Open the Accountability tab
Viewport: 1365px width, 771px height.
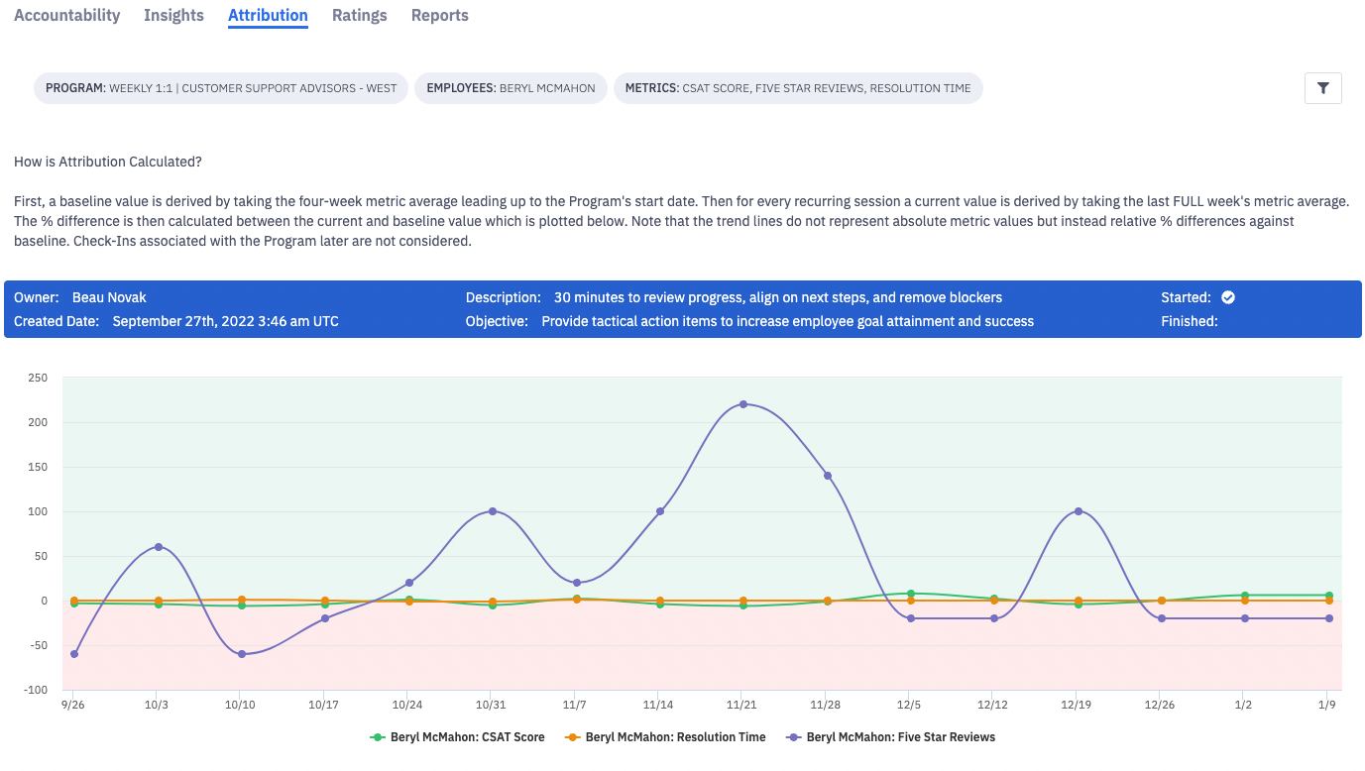click(x=67, y=16)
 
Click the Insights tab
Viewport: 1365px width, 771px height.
click(x=173, y=16)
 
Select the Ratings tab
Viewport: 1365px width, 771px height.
click(x=359, y=16)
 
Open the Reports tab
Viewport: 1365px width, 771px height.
click(x=439, y=16)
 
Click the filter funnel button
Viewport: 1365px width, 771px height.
click(x=1322, y=88)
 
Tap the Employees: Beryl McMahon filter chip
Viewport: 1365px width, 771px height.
click(x=511, y=88)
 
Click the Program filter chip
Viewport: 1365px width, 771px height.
click(x=221, y=88)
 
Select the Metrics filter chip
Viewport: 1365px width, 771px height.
click(x=798, y=88)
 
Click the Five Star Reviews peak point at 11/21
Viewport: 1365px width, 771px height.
click(x=743, y=404)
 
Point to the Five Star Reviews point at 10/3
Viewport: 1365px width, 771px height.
click(x=159, y=547)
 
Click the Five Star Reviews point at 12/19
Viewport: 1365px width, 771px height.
click(x=1079, y=511)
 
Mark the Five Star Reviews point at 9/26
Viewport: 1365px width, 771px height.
click(x=74, y=654)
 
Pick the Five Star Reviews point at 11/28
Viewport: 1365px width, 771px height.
click(x=828, y=476)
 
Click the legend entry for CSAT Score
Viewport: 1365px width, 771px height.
click(x=457, y=737)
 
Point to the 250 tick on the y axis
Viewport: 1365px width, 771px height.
click(x=38, y=378)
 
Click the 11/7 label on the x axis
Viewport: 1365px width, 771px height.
click(x=575, y=705)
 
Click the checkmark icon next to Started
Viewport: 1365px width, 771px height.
click(x=1228, y=297)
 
